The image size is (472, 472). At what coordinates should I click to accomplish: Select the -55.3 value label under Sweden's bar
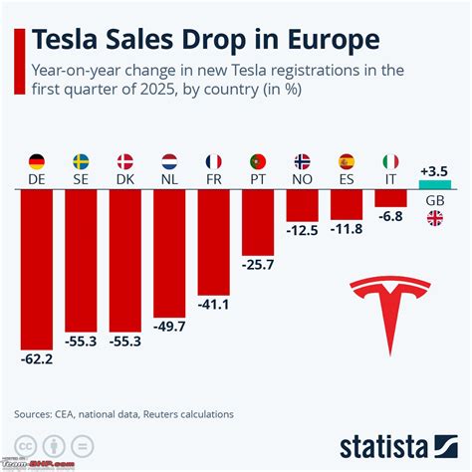(82, 342)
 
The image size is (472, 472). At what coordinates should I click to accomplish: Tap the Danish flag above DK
(125, 160)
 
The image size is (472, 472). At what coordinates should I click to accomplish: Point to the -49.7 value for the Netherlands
(170, 325)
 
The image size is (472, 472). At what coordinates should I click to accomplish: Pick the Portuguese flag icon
(258, 160)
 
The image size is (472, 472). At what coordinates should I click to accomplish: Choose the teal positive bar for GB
(435, 186)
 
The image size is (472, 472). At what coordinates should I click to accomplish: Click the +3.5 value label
(435, 171)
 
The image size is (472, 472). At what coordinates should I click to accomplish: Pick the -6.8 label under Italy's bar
(391, 216)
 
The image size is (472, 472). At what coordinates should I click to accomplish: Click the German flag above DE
(37, 160)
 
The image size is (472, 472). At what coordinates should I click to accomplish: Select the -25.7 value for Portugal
(258, 265)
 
